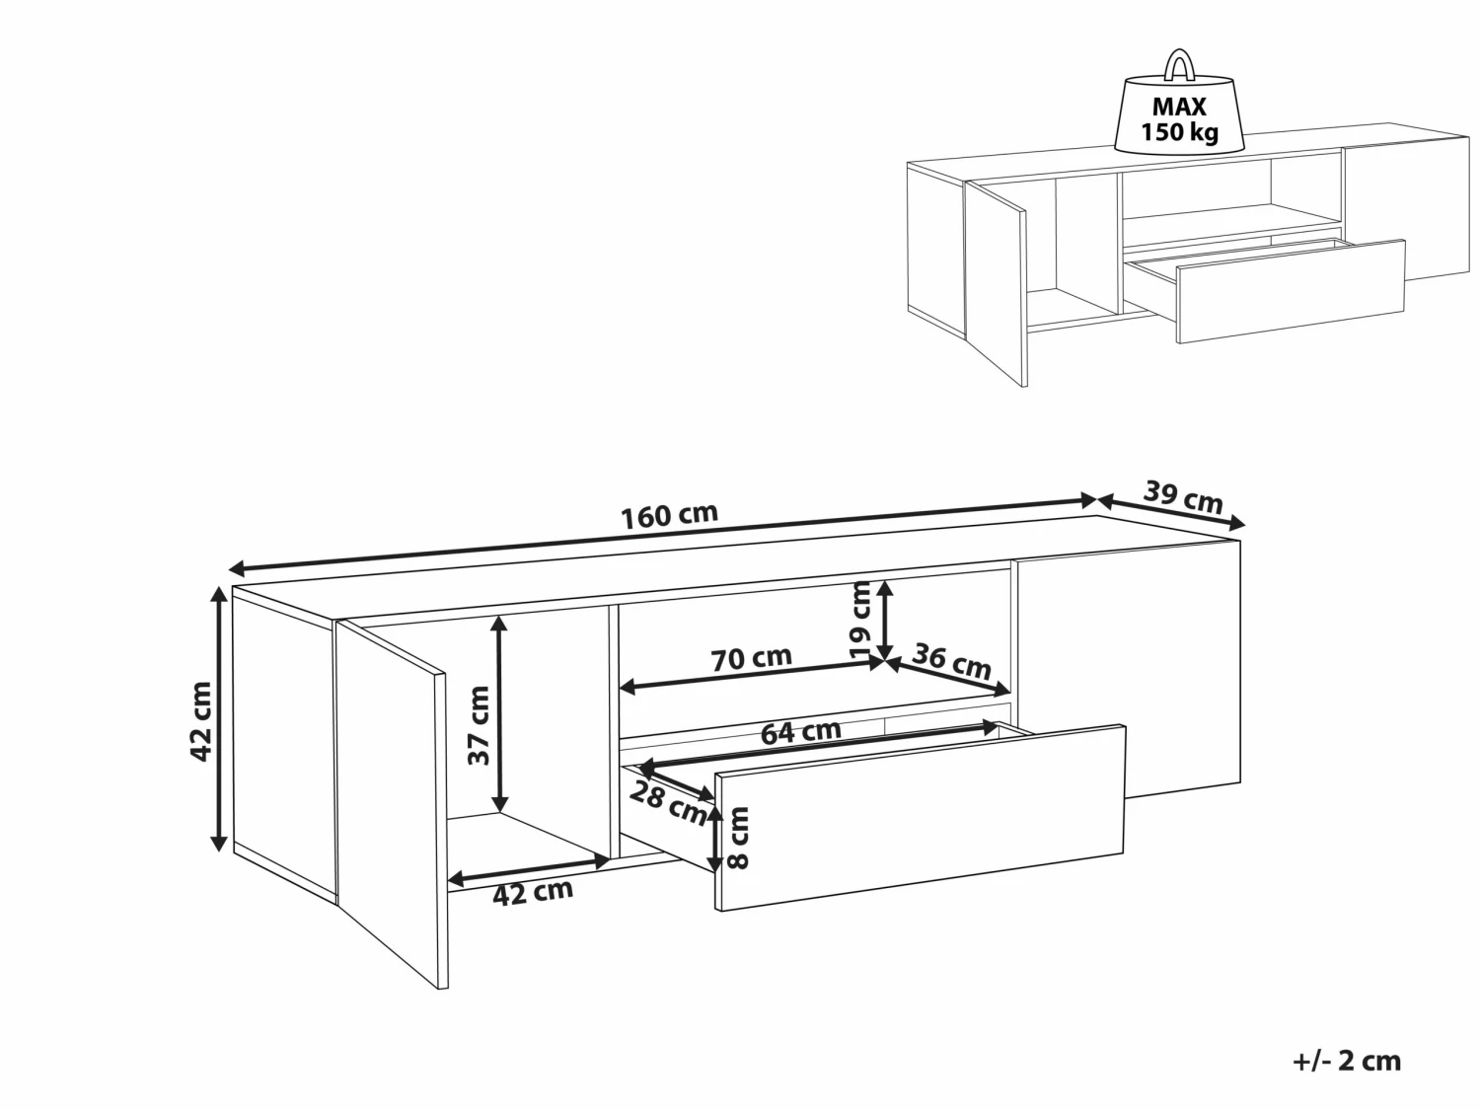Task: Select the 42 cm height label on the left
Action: (201, 720)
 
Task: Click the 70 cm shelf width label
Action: (752, 658)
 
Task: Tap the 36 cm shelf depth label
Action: (952, 660)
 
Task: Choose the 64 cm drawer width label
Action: (800, 732)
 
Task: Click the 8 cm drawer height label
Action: (739, 838)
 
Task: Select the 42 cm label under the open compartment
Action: (533, 892)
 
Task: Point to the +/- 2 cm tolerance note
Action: (1346, 1061)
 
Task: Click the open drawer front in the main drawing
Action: (920, 817)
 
